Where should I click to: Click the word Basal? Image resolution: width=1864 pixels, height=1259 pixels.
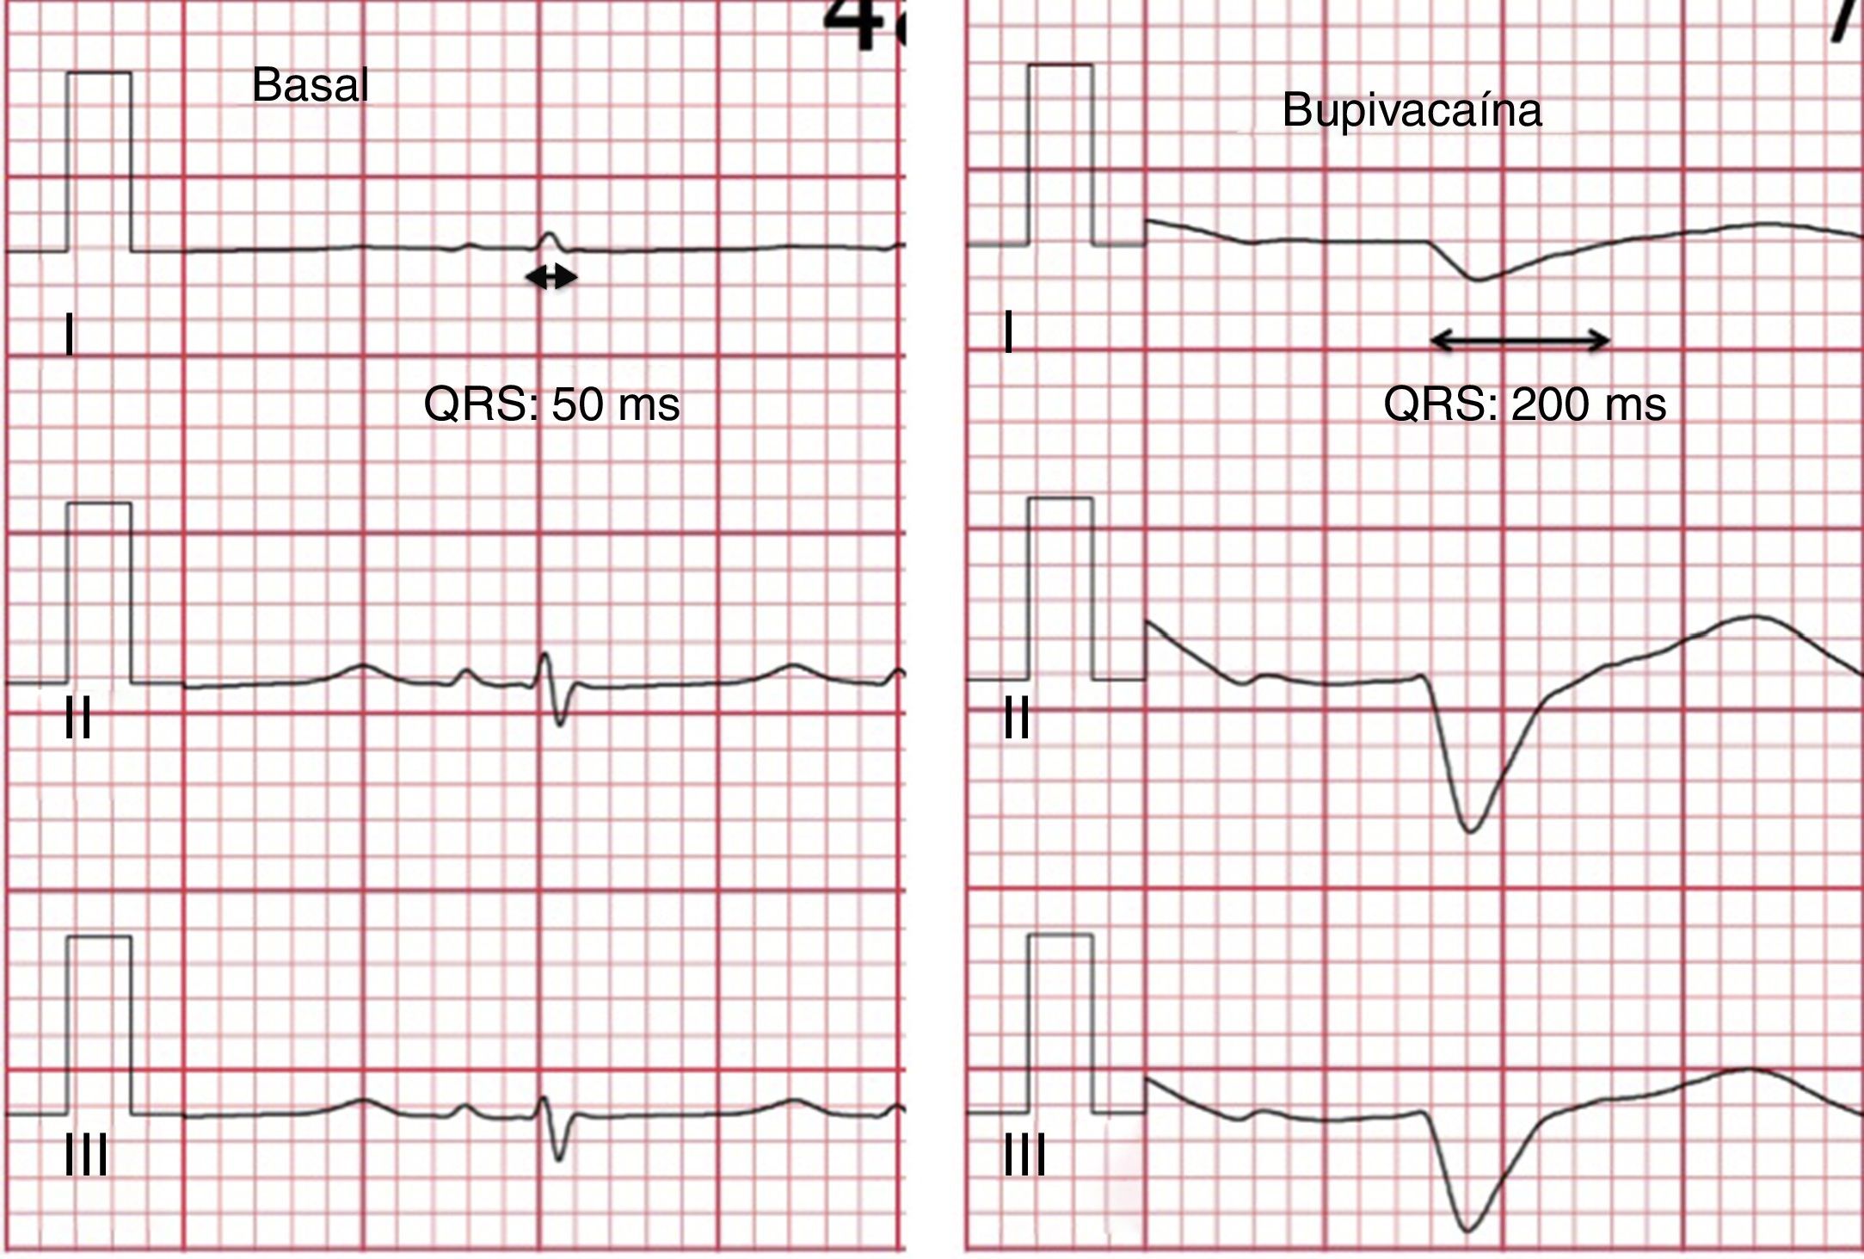coord(310,86)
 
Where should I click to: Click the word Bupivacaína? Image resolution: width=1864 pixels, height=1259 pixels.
coord(1412,111)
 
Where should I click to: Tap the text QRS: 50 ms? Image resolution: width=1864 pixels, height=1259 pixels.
coord(551,404)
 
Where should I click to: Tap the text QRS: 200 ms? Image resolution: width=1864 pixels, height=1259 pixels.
coord(1524,404)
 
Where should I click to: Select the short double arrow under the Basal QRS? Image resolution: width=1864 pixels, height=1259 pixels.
coord(551,277)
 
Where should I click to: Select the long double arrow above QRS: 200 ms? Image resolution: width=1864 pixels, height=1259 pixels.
coord(1520,341)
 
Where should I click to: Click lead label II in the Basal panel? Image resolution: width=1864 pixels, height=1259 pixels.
coord(78,719)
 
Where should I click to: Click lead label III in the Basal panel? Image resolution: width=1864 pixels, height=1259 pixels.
coord(86,1155)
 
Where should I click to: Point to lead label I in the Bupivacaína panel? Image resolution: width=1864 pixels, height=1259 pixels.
coord(1009,334)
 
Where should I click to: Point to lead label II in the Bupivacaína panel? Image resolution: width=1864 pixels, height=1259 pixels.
coord(1017,719)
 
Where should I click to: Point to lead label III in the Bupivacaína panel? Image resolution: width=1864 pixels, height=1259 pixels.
coord(1024,1155)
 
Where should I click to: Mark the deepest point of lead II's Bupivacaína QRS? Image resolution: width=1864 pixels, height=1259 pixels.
coord(1470,831)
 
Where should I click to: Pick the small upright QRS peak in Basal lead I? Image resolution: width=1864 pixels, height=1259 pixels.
coord(549,233)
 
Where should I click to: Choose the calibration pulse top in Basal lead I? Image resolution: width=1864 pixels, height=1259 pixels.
coord(99,73)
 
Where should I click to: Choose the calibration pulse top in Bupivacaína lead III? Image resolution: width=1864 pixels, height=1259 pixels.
coord(1060,935)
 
